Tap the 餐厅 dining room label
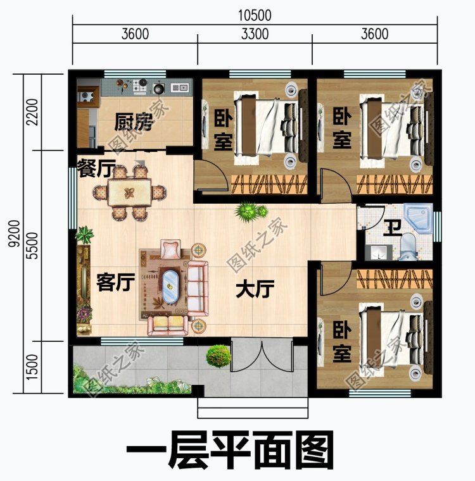coord(95,169)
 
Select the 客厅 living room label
coord(115,284)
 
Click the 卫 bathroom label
coord(393,227)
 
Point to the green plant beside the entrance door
coord(217,354)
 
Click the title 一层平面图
coord(230,451)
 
